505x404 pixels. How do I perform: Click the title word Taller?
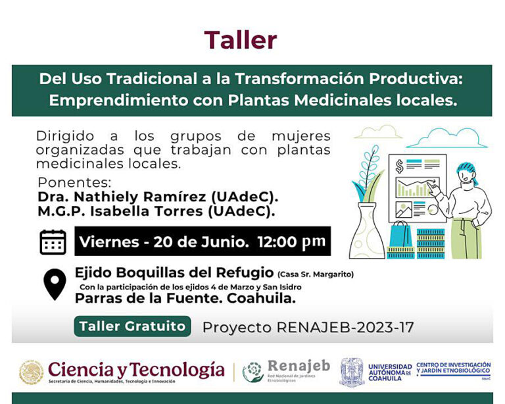click(x=240, y=40)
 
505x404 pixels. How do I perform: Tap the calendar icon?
click(x=53, y=241)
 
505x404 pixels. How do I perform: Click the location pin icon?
click(x=54, y=283)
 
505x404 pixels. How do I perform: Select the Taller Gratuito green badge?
click(x=132, y=326)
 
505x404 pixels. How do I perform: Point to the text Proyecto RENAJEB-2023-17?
click(x=308, y=327)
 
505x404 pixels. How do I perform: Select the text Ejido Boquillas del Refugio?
click(x=174, y=272)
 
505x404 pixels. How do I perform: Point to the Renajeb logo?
click(x=283, y=371)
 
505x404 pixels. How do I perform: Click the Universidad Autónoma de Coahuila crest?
click(x=352, y=371)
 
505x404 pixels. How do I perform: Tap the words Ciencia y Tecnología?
click(x=136, y=368)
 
